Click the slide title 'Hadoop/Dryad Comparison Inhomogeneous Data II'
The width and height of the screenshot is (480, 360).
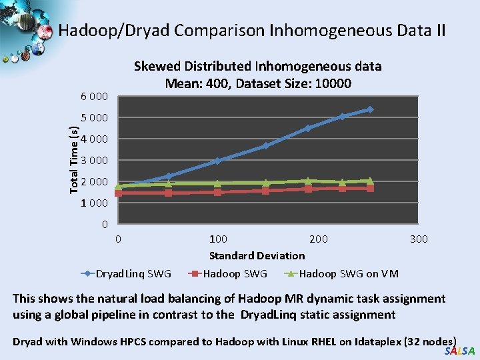click(x=251, y=31)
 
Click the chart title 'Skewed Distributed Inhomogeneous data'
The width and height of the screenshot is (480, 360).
click(x=257, y=66)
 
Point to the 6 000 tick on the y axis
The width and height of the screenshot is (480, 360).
click(x=94, y=97)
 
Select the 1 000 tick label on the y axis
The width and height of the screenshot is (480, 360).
click(x=94, y=203)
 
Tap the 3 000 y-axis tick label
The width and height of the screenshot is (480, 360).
click(x=94, y=161)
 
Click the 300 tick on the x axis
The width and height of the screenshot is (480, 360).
click(x=418, y=239)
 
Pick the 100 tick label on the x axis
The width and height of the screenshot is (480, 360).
click(x=218, y=239)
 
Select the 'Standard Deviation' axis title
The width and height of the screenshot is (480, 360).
click(x=257, y=255)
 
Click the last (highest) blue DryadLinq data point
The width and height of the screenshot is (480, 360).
click(x=370, y=109)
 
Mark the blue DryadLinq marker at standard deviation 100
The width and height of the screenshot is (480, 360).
click(x=217, y=161)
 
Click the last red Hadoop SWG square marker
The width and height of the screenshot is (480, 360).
click(x=370, y=188)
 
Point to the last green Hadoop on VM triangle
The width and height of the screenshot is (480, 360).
click(x=370, y=181)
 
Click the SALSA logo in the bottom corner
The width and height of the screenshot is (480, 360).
click(x=459, y=351)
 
